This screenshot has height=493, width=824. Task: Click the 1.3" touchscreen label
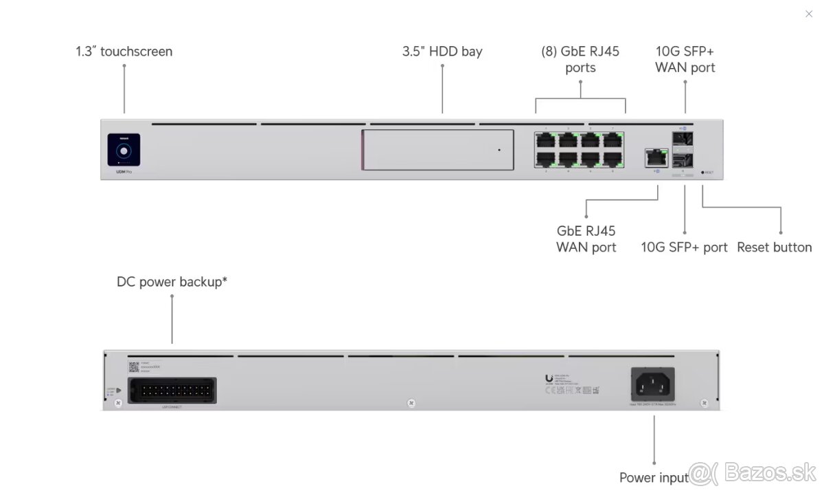point(124,52)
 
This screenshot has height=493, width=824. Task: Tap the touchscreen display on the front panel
point(124,149)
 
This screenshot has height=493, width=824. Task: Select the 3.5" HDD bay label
point(442,52)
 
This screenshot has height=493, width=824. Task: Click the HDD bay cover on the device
point(437,149)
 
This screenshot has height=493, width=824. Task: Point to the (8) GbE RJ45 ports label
point(580,59)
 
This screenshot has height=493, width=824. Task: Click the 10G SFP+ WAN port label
point(685,59)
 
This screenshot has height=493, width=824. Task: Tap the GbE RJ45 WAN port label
point(586,239)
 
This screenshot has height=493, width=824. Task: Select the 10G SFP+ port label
point(684,248)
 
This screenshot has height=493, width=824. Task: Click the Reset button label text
point(774,248)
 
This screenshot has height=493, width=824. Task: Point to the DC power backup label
point(172,282)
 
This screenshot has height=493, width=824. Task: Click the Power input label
point(654,477)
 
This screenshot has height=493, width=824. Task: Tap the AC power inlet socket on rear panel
point(652,383)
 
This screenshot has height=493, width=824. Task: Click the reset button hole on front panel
point(702,173)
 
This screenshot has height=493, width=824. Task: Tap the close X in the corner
point(808,14)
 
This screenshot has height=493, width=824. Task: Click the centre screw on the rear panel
point(411,403)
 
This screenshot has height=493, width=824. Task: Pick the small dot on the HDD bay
point(499,150)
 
